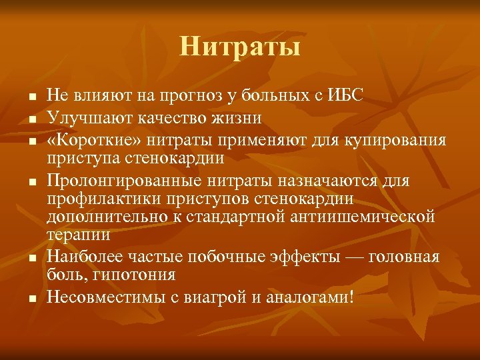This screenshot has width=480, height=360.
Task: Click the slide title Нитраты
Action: [240, 47]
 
